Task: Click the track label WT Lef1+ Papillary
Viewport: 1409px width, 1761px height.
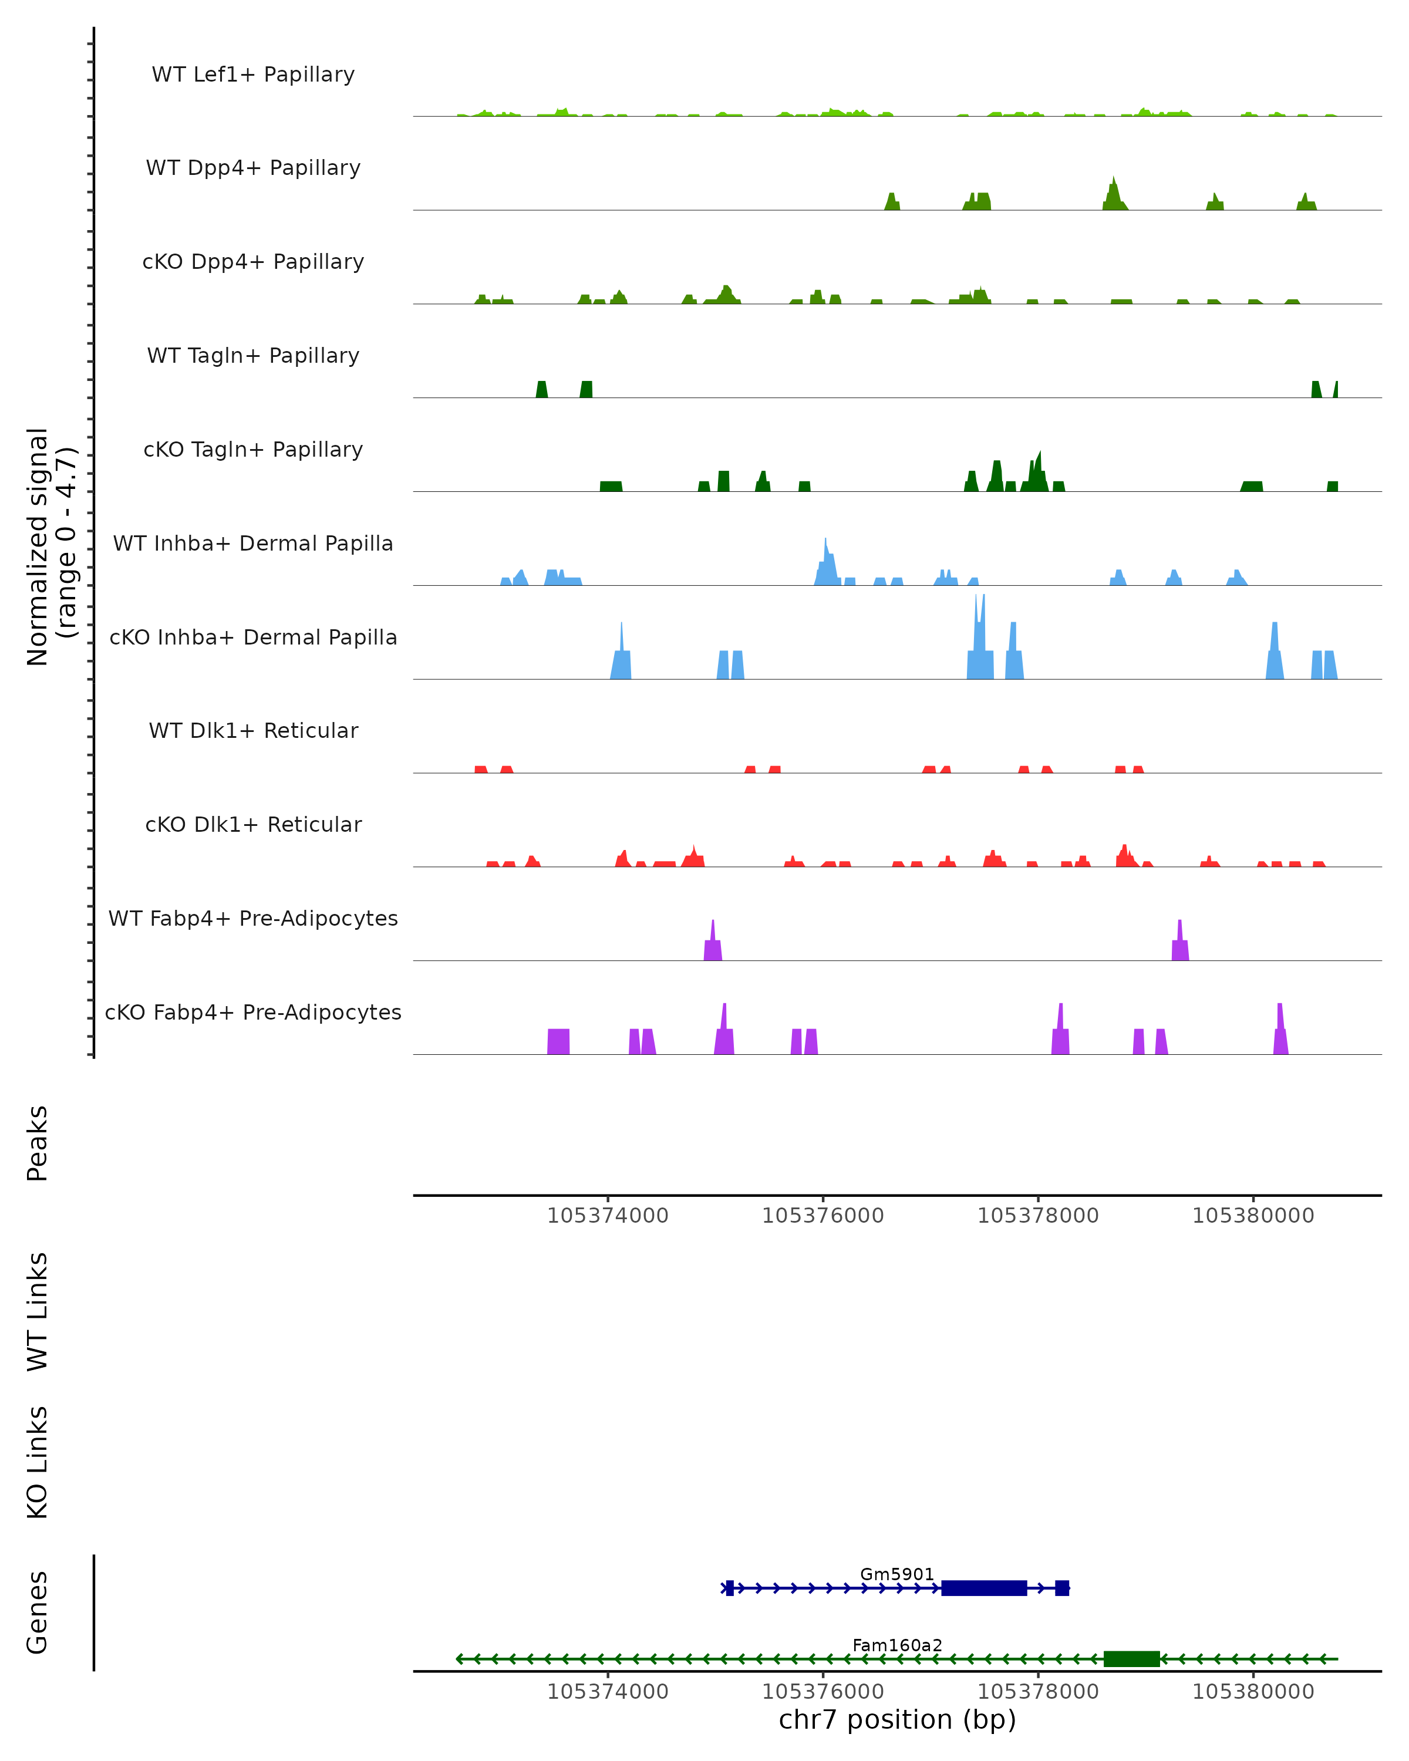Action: click(x=253, y=75)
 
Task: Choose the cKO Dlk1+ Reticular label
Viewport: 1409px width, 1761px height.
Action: click(x=253, y=824)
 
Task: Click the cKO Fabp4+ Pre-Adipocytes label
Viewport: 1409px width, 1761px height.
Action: click(x=253, y=1012)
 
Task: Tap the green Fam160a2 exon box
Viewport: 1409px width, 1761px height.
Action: click(x=1131, y=1659)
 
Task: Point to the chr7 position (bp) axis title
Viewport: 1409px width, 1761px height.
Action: click(x=897, y=1719)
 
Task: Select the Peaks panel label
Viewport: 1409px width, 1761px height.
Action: click(x=38, y=1143)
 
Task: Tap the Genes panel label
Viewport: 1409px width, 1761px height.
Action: click(x=38, y=1612)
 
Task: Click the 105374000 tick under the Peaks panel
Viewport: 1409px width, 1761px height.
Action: click(x=608, y=1216)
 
